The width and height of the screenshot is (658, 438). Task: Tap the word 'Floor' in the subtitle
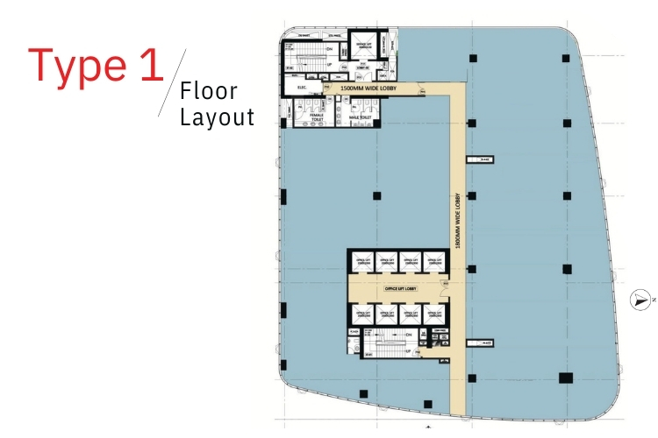(209, 91)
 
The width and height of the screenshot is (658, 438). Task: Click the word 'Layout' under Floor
(217, 117)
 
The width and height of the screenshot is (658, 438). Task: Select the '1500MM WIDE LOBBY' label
(369, 88)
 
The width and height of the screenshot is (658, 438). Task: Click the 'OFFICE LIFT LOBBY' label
(399, 286)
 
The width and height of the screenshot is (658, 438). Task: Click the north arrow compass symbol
(643, 300)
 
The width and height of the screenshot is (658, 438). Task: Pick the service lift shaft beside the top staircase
(362, 45)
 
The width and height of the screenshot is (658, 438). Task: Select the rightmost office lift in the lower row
(433, 313)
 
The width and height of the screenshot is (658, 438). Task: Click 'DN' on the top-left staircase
(328, 49)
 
